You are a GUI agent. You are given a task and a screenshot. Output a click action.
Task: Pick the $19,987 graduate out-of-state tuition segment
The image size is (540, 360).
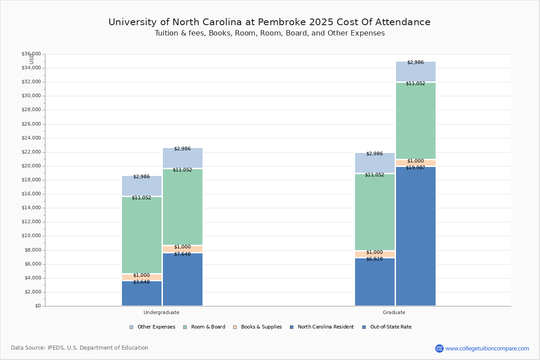point(415,236)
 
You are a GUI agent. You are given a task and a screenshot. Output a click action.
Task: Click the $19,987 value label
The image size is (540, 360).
point(415,168)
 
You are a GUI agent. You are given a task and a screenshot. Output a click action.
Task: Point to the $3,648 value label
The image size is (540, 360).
point(141,282)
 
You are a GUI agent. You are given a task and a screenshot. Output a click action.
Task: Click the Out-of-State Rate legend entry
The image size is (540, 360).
point(390,327)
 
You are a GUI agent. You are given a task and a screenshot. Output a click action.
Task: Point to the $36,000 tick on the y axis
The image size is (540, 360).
point(31,54)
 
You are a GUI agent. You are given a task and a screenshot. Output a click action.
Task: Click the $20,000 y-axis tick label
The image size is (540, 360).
point(31,166)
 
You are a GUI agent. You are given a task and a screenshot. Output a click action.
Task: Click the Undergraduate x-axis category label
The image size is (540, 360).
point(162,312)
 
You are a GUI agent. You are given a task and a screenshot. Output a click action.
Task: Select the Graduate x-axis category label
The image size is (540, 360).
point(394,312)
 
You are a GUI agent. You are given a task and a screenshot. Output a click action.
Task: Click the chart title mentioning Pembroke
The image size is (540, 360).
point(270,22)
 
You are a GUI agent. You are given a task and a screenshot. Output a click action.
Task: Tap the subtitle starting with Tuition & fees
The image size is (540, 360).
point(270,33)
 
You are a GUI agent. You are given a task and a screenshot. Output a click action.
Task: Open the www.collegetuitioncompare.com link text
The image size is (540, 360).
point(487,348)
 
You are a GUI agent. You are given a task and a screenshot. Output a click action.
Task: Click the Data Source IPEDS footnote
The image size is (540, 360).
point(80,348)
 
